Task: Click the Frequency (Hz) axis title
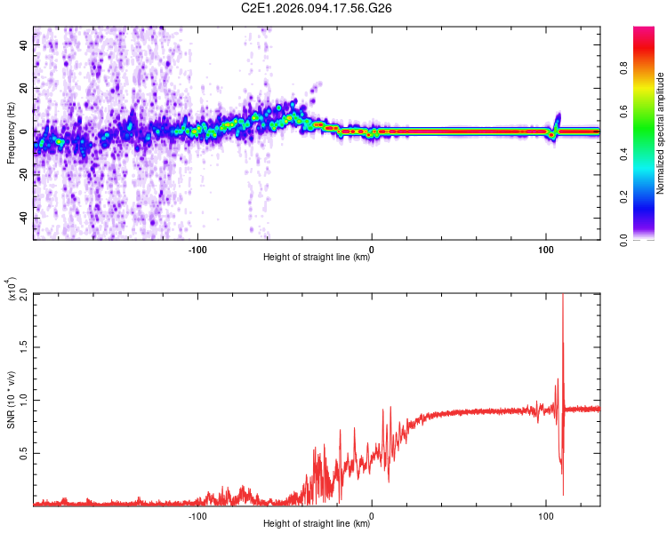click(12, 133)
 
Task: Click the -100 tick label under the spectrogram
click(197, 250)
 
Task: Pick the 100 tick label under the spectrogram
click(545, 250)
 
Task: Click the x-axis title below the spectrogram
click(317, 259)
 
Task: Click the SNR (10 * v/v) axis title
click(12, 400)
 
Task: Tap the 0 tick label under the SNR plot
click(372, 516)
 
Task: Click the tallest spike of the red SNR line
click(563, 298)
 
